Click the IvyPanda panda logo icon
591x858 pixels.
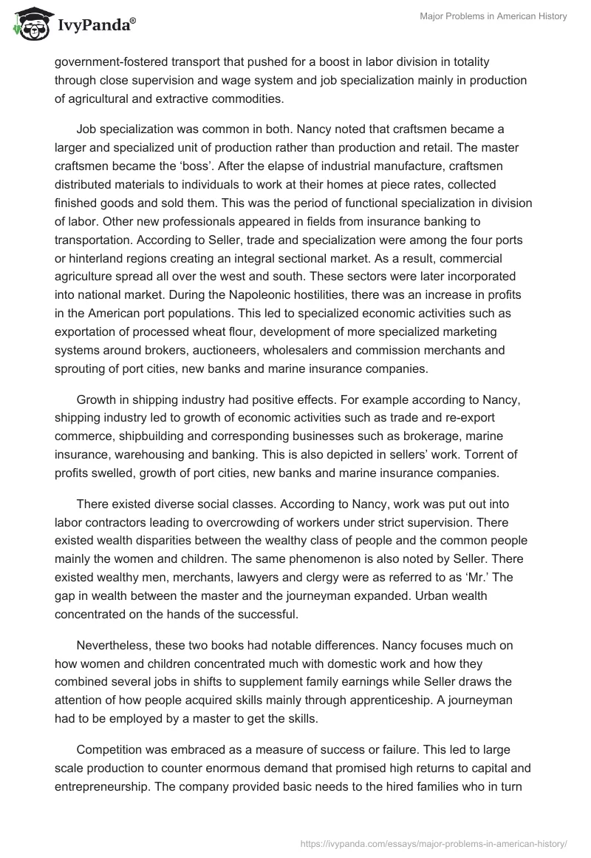click(28, 24)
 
